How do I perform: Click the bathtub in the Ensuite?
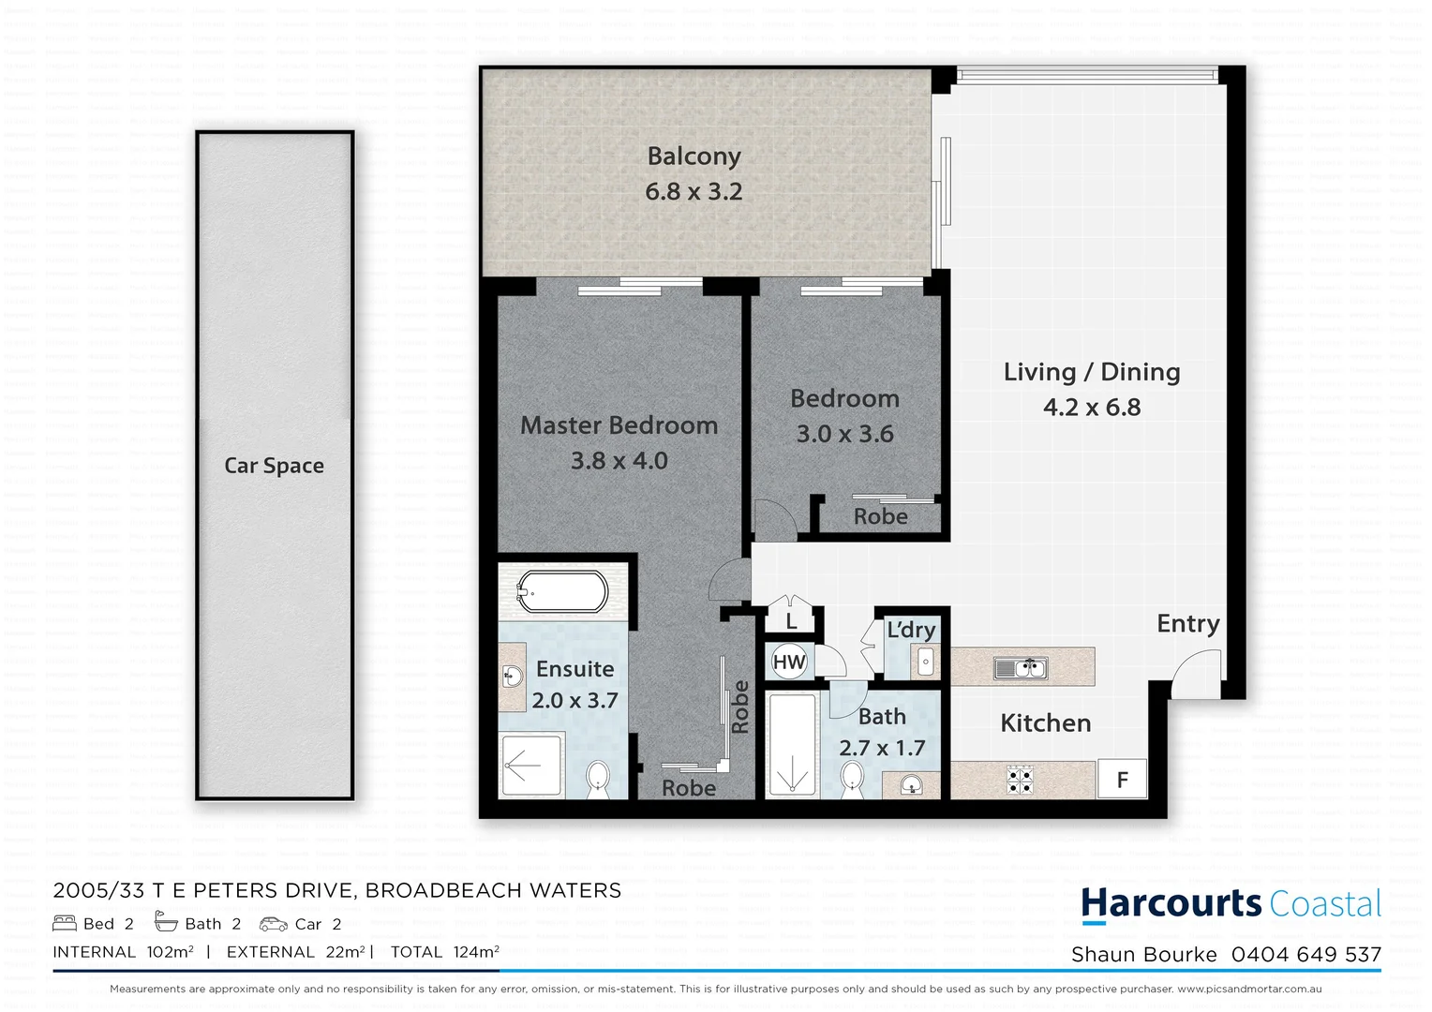(x=562, y=592)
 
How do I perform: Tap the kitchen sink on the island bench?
(x=1021, y=668)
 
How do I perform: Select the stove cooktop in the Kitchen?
(x=1020, y=780)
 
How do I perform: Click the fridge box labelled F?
(x=1122, y=780)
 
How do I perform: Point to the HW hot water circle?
(x=789, y=662)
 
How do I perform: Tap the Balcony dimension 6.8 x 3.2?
(x=694, y=191)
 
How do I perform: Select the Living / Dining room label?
(x=1092, y=372)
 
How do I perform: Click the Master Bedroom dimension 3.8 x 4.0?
(x=619, y=461)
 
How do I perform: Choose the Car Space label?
(x=274, y=466)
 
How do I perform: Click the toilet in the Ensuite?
(x=597, y=778)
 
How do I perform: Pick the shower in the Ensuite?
(x=530, y=766)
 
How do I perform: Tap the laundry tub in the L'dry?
(x=925, y=662)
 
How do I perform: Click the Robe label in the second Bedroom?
(x=880, y=516)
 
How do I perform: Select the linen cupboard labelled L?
(x=791, y=620)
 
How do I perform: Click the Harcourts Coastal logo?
(x=1231, y=904)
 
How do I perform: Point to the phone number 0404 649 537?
(x=1306, y=955)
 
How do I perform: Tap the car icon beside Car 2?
(x=274, y=924)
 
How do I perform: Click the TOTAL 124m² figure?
(x=445, y=952)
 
